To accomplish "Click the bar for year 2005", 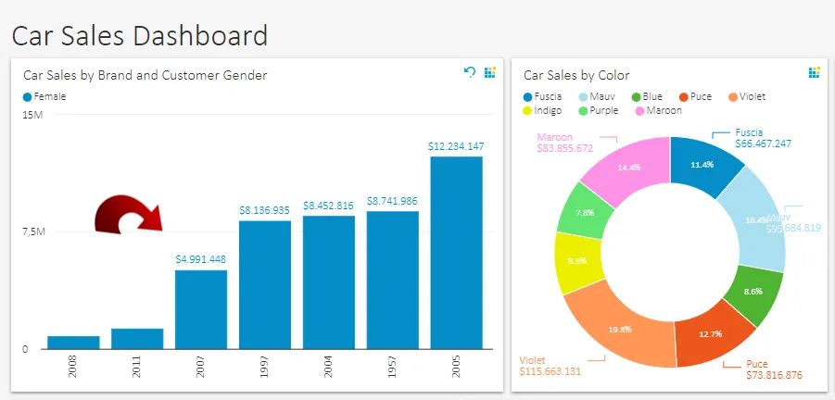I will point(456,252).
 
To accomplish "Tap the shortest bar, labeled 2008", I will point(73,342).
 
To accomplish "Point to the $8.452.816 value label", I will point(329,206).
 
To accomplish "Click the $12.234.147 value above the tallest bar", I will point(456,146).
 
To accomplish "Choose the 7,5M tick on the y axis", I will point(32,231).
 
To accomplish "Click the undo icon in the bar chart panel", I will point(470,72).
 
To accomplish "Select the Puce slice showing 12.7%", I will point(714,334).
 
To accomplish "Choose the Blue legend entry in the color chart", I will point(650,96).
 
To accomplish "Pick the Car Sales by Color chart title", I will point(576,75).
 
